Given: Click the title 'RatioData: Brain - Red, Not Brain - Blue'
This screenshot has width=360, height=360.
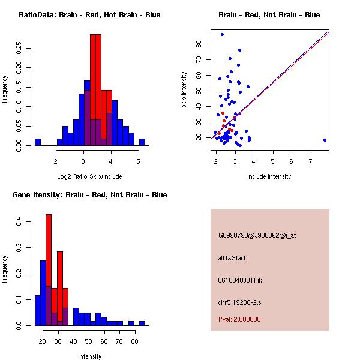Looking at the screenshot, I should (x=89, y=15).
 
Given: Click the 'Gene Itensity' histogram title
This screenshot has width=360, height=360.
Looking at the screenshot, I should (x=89, y=195).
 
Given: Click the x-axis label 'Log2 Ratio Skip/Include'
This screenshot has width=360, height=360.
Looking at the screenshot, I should (x=89, y=176).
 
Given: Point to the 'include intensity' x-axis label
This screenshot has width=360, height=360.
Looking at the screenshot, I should (x=269, y=176).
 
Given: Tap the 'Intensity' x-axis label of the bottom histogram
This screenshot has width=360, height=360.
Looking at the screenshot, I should (x=90, y=356).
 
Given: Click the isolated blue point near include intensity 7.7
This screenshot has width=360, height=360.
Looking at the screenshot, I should (x=325, y=140).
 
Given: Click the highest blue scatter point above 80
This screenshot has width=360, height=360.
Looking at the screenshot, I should (x=222, y=34).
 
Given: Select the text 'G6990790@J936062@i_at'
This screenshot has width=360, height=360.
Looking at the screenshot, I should (x=257, y=235).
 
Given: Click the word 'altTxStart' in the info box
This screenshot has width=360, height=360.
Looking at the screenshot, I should (x=232, y=258).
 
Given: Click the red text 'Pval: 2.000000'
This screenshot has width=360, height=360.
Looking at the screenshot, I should (x=239, y=319).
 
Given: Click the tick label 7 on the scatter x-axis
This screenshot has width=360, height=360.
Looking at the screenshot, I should (x=311, y=161).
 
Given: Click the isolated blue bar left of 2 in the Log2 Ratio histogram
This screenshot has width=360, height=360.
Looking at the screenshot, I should (x=37, y=142).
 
